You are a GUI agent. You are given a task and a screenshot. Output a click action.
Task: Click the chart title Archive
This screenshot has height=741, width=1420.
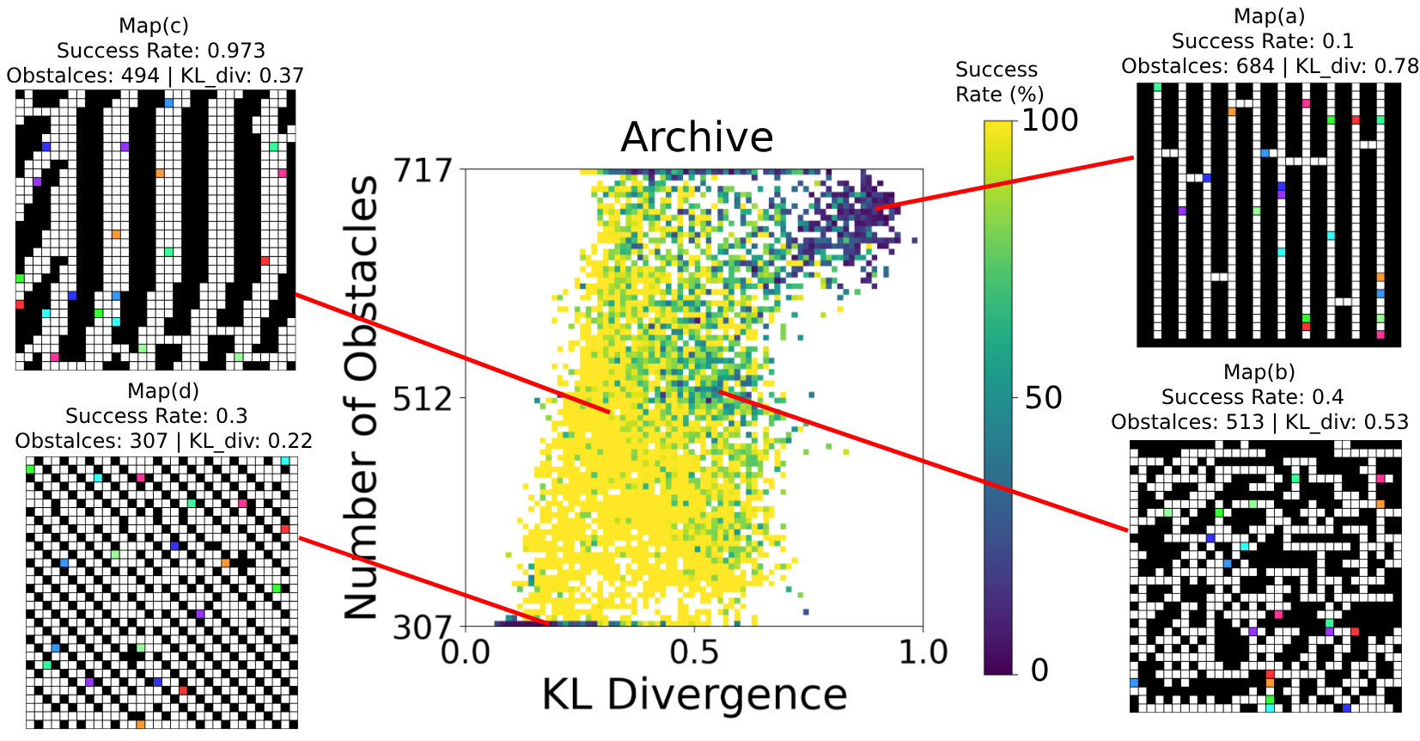pyautogui.click(x=697, y=138)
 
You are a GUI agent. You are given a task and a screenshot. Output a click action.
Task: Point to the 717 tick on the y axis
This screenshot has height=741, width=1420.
pyautogui.click(x=422, y=170)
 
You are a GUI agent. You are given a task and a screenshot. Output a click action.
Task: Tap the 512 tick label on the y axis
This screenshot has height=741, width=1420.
pyautogui.click(x=422, y=398)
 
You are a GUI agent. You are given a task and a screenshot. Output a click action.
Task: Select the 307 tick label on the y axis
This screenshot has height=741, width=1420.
pyautogui.click(x=422, y=628)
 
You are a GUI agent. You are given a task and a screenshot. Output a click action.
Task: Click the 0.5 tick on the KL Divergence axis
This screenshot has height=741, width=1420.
pyautogui.click(x=694, y=652)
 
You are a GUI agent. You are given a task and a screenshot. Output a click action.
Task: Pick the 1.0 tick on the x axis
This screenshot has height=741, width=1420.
pyautogui.click(x=923, y=652)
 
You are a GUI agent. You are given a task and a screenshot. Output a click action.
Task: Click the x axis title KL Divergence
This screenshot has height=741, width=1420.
pyautogui.click(x=694, y=695)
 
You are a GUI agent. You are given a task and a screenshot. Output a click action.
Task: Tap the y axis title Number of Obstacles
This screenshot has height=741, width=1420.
pyautogui.click(x=362, y=397)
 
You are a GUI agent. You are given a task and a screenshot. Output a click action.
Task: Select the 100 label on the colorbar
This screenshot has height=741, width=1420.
pyautogui.click(x=1050, y=120)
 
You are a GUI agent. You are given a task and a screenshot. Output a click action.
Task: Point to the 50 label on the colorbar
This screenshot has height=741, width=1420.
pyautogui.click(x=1043, y=398)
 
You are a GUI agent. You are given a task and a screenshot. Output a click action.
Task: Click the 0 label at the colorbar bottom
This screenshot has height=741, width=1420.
pyautogui.click(x=1039, y=670)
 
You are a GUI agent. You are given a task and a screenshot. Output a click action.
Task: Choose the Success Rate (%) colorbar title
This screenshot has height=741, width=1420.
pyautogui.click(x=998, y=82)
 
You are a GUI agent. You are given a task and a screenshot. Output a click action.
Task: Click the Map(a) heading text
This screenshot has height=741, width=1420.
pyautogui.click(x=1269, y=16)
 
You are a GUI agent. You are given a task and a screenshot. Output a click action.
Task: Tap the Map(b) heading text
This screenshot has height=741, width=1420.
pyautogui.click(x=1258, y=371)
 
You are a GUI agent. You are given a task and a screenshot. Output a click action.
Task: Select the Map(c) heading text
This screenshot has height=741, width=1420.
pyautogui.click(x=154, y=26)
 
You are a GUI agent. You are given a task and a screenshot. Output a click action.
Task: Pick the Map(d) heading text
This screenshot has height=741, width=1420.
pyautogui.click(x=163, y=391)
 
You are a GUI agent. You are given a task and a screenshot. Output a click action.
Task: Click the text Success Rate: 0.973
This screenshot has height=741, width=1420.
pyautogui.click(x=161, y=51)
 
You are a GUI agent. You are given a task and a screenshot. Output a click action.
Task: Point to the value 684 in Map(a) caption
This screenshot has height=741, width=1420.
pyautogui.click(x=1255, y=66)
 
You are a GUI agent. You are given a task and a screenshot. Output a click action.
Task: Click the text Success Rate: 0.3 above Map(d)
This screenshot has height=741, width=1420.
pyautogui.click(x=156, y=416)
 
